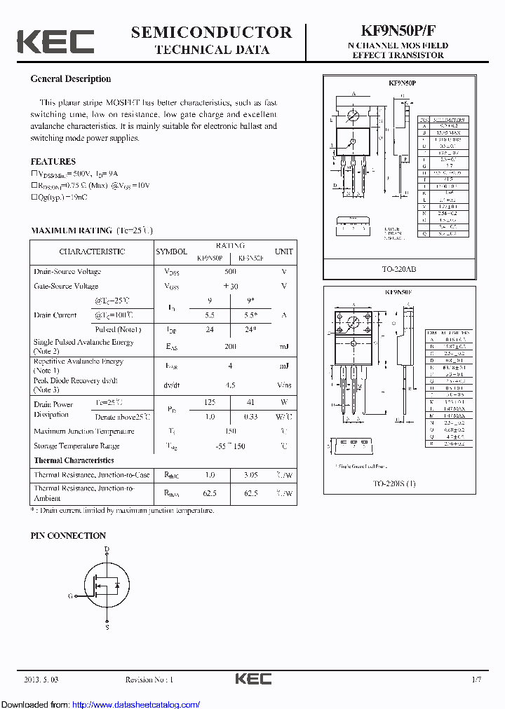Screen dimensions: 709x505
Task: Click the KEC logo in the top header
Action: [55, 41]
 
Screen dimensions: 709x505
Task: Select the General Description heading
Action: [70, 79]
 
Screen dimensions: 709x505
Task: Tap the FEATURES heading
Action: [53, 161]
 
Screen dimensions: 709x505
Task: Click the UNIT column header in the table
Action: [284, 252]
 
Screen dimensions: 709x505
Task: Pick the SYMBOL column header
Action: [171, 252]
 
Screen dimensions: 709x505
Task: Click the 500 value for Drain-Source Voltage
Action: [230, 271]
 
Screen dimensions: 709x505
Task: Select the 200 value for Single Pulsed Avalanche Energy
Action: [230, 346]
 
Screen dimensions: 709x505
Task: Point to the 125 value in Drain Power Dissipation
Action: [209, 404]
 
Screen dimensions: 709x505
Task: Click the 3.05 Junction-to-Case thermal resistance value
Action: [250, 475]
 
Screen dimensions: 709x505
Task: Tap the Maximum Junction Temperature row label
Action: [83, 431]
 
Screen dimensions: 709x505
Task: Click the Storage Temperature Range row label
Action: [76, 446]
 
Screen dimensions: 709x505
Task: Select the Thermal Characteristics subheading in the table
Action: [74, 460]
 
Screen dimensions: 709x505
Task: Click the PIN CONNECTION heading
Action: [68, 535]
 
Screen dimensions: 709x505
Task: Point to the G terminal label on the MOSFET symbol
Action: [70, 596]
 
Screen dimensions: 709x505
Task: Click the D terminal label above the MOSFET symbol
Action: [107, 549]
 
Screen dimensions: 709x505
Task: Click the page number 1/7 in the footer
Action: [476, 679]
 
